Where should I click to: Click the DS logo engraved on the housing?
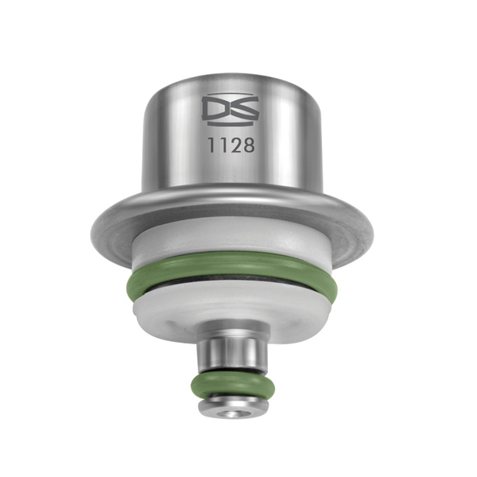(x=231, y=110)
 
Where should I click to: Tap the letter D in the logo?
(x=217, y=110)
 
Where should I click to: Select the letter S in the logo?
(x=245, y=110)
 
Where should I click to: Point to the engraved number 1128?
(x=231, y=146)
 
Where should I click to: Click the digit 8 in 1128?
(x=248, y=146)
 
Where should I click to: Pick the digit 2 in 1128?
(x=236, y=146)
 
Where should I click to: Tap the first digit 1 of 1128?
(x=213, y=146)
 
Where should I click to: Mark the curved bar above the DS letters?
(x=231, y=97)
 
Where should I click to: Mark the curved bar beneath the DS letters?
(x=231, y=123)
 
